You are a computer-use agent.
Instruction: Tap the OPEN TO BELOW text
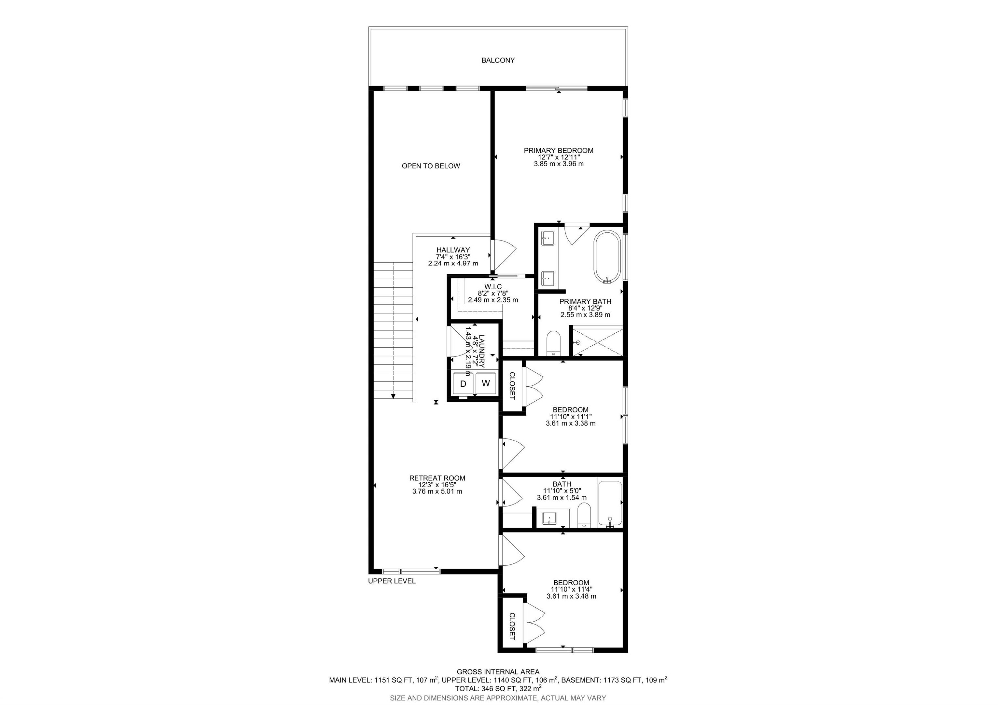(x=430, y=166)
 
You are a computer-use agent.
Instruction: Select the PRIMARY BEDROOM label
(x=558, y=151)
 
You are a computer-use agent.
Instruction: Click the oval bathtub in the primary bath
(x=607, y=257)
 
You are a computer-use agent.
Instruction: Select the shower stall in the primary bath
(x=597, y=342)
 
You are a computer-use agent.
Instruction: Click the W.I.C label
(x=493, y=287)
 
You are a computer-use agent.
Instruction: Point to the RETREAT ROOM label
(x=437, y=478)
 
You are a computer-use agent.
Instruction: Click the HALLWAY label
(x=453, y=250)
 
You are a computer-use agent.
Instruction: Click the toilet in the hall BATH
(x=584, y=515)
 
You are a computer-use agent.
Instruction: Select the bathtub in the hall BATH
(x=610, y=503)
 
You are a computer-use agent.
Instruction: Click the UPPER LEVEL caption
(x=391, y=581)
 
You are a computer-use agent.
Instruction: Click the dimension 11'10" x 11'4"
(x=571, y=589)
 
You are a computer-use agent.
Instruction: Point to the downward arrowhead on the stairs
(x=393, y=396)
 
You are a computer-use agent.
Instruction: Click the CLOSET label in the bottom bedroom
(x=512, y=626)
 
